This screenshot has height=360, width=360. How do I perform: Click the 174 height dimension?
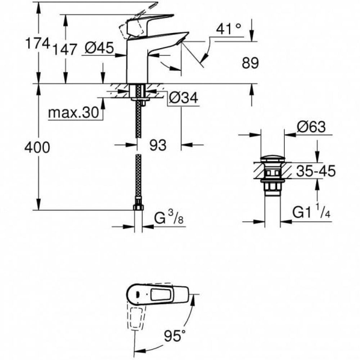[x=37, y=44]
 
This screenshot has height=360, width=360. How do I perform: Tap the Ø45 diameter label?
[x=100, y=47]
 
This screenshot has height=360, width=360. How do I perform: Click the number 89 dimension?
[x=250, y=63]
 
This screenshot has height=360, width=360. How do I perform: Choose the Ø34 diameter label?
[x=184, y=98]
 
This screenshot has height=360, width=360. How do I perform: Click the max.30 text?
[x=73, y=113]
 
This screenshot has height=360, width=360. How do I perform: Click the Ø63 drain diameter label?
[x=311, y=127]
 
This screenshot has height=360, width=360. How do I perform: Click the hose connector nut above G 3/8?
[x=138, y=207]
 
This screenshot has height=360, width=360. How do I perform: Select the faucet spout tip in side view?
[x=183, y=38]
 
